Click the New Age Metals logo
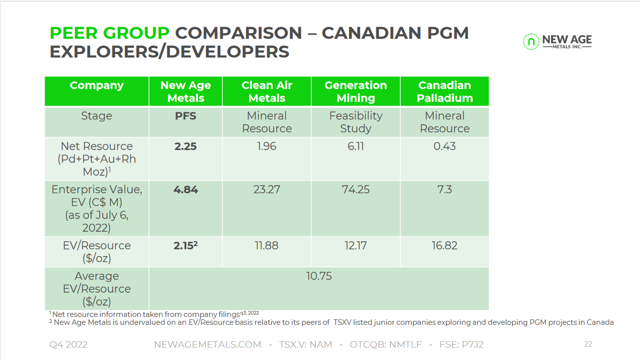click(x=557, y=42)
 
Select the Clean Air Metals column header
click(x=267, y=92)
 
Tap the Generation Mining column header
click(x=355, y=92)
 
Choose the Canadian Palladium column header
click(x=444, y=92)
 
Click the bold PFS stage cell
click(x=186, y=116)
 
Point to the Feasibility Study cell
click(x=355, y=122)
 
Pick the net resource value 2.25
click(x=186, y=147)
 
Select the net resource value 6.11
click(x=355, y=147)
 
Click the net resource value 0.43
click(x=444, y=147)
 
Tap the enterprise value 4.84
click(x=186, y=190)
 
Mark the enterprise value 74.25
click(x=355, y=190)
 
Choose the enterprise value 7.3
click(x=444, y=190)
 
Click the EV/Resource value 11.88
click(x=267, y=246)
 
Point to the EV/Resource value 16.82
click(x=444, y=246)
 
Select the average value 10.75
click(x=319, y=276)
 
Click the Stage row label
click(x=97, y=116)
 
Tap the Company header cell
click(x=97, y=85)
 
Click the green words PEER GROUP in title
click(x=109, y=33)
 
